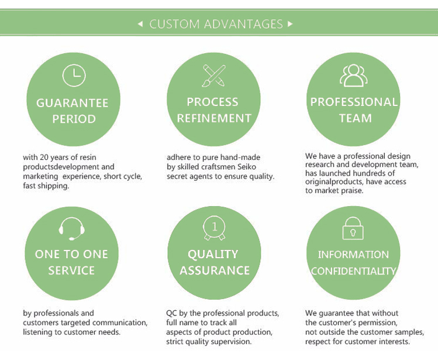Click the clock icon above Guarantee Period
point(74,75)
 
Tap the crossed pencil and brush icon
point(213,76)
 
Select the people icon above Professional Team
point(354,75)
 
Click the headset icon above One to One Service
point(73,228)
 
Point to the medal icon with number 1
point(213,228)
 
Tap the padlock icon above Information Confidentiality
point(353,228)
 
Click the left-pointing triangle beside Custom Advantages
point(140,24)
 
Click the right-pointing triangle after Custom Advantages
point(291,24)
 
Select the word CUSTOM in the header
point(174,24)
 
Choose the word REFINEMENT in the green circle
point(213,118)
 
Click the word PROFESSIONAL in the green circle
point(354,102)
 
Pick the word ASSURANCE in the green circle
point(215,270)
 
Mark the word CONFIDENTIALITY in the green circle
point(353,271)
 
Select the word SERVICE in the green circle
point(71,270)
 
